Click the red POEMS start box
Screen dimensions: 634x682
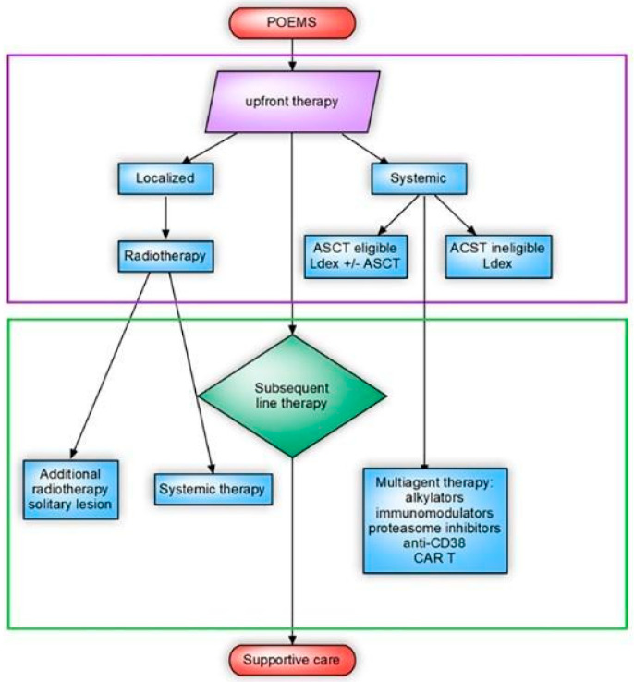pos(292,22)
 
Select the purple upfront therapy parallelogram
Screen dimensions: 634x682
pos(292,102)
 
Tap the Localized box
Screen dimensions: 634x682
pos(165,178)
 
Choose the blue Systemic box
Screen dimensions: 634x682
pos(419,178)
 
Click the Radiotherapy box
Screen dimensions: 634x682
pos(165,256)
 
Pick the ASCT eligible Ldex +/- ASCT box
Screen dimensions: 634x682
pos(356,256)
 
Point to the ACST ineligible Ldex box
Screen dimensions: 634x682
pos(498,256)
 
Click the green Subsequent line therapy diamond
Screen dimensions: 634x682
pos(292,396)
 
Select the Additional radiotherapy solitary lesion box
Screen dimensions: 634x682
pos(70,489)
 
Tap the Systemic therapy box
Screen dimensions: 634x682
pos(213,489)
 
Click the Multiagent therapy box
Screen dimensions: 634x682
pos(435,520)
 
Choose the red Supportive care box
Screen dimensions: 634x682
pos(292,660)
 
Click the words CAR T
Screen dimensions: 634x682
pos(434,558)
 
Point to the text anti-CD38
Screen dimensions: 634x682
pos(434,542)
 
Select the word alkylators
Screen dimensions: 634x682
pos(434,497)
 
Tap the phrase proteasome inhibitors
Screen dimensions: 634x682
pos(434,528)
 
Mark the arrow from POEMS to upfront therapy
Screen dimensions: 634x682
pos(292,55)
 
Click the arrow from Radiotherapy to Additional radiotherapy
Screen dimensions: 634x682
pos(110,365)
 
